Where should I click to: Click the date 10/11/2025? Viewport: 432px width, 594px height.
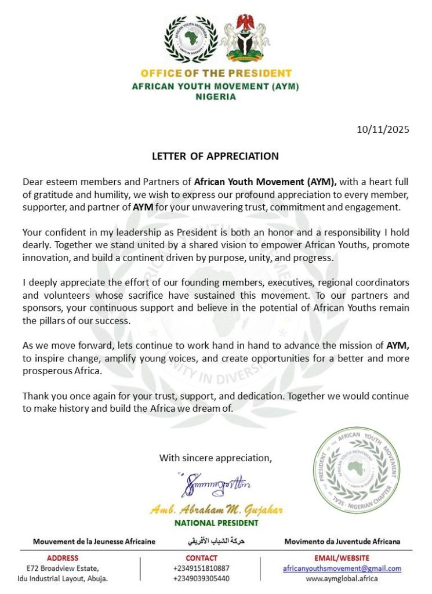383,129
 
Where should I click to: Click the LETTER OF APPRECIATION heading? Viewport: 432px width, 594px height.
215,156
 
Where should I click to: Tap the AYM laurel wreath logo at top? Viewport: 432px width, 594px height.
191,39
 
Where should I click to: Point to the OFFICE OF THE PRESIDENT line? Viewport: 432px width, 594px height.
216,74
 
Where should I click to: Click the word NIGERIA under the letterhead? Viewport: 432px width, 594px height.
216,97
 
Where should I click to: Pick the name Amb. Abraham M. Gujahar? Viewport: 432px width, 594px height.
216,510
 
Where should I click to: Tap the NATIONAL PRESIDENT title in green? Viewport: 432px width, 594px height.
216,523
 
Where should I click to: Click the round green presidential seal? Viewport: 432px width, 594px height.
357,470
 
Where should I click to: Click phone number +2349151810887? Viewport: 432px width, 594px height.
201,568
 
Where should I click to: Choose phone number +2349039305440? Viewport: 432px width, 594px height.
201,578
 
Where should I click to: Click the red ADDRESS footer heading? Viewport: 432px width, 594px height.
63,558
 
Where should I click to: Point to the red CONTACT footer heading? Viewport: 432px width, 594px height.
201,558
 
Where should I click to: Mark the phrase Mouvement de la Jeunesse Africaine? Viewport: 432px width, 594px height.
94,541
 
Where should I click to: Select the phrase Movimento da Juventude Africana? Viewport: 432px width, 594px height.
342,541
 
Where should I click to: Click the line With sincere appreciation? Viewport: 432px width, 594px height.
216,458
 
